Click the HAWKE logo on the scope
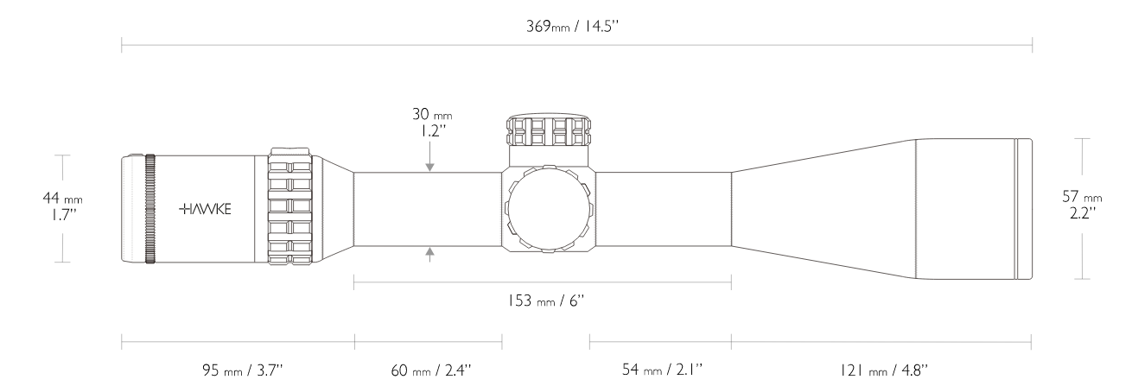(205, 209)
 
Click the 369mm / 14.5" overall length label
(572, 26)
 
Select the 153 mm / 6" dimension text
(546, 301)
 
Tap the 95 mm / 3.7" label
(243, 370)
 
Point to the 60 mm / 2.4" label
(431, 370)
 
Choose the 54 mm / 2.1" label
(662, 370)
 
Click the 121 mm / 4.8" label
(884, 370)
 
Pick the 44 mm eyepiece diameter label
(63, 198)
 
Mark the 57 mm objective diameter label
(1082, 196)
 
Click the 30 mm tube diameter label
(432, 114)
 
